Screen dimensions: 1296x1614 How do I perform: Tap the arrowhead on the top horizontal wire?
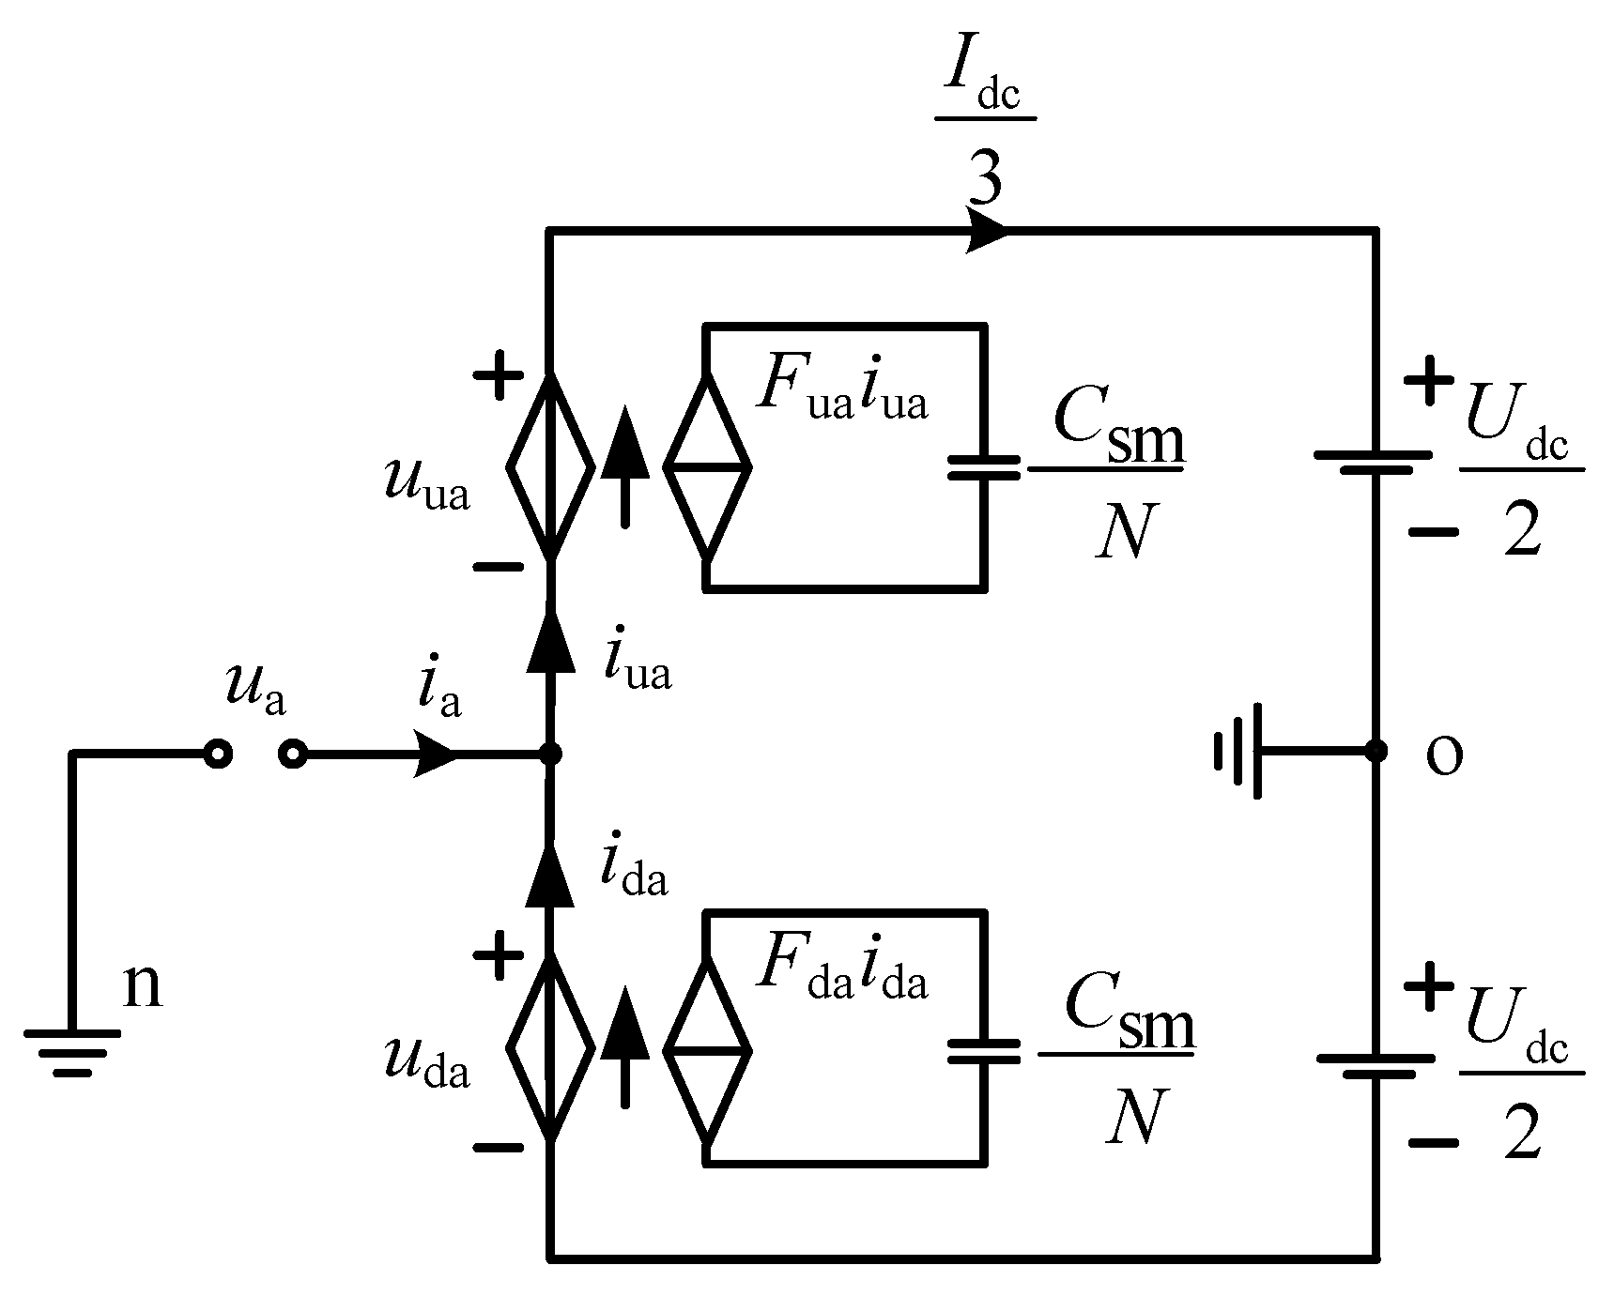click(986, 231)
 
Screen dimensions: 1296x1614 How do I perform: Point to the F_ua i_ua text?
click(842, 389)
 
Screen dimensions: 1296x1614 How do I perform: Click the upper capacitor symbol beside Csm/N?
click(983, 466)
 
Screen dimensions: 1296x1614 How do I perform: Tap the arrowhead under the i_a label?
click(436, 755)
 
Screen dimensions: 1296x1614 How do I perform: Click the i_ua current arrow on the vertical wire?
click(550, 644)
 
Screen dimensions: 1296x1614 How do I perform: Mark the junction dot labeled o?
click(1376, 751)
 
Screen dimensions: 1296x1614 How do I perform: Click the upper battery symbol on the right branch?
click(1374, 461)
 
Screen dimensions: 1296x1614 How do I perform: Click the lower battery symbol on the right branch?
click(1376, 1064)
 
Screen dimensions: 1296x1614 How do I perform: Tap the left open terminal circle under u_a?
click(218, 754)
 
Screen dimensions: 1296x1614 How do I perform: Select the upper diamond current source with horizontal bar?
click(707, 466)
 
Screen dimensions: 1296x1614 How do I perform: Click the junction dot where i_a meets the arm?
click(551, 754)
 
